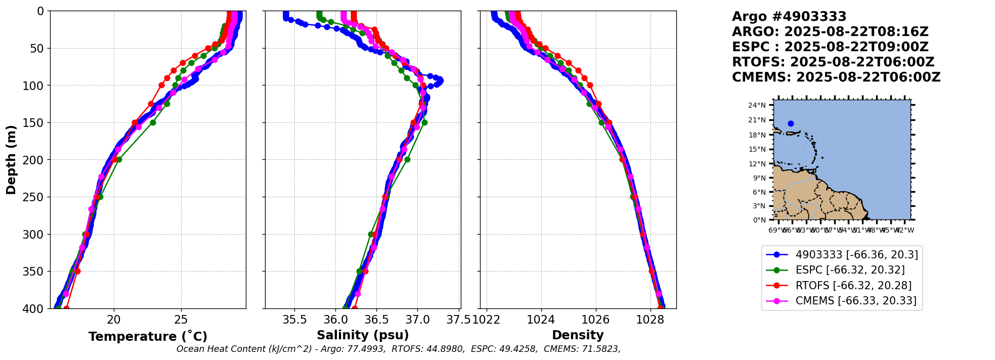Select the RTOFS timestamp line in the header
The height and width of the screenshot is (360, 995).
pyautogui.click(x=833, y=62)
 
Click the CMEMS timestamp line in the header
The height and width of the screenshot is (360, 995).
pyautogui.click(x=836, y=77)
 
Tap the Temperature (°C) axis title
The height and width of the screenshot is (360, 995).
pyautogui.click(x=148, y=336)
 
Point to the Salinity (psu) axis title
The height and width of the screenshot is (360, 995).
pyautogui.click(x=363, y=335)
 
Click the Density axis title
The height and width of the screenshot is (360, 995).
pyautogui.click(x=578, y=335)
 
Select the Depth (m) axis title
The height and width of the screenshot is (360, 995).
pyautogui.click(x=11, y=159)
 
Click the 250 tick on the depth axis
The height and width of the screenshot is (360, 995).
pyautogui.click(x=36, y=197)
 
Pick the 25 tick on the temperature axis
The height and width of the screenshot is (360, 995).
pyautogui.click(x=181, y=320)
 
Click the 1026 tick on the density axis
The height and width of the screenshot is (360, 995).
pyautogui.click(x=595, y=320)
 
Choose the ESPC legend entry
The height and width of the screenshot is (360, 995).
pyautogui.click(x=850, y=270)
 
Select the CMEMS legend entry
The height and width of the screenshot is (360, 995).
pyautogui.click(x=855, y=301)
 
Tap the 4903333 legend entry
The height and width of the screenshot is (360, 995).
pyautogui.click(x=856, y=255)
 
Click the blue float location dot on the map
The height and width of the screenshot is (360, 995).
pyautogui.click(x=791, y=123)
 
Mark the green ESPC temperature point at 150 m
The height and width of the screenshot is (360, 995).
pyautogui.click(x=153, y=122)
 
